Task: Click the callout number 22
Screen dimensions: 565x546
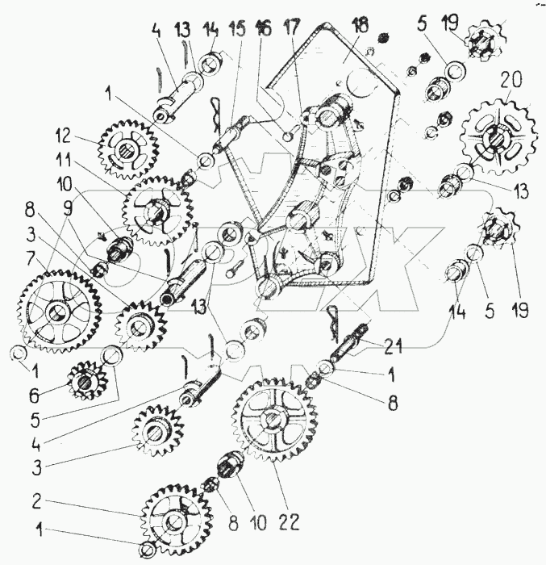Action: tap(290, 521)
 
